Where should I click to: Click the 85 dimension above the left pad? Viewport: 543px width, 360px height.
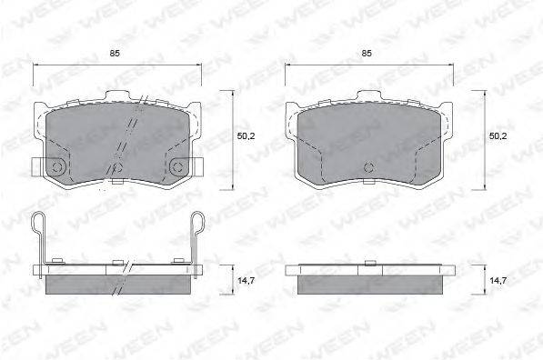115,54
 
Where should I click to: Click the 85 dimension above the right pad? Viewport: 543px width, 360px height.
367,54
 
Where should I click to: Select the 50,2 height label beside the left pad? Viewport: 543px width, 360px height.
246,136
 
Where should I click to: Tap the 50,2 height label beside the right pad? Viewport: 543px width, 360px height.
498,136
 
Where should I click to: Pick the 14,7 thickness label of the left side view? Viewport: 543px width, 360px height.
246,281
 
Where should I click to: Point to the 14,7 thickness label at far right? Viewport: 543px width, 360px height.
498,281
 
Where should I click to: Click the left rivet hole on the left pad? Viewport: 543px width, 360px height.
56,167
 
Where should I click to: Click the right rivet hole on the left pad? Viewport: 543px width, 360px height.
177,167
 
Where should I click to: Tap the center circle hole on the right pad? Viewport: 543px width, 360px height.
369,167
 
